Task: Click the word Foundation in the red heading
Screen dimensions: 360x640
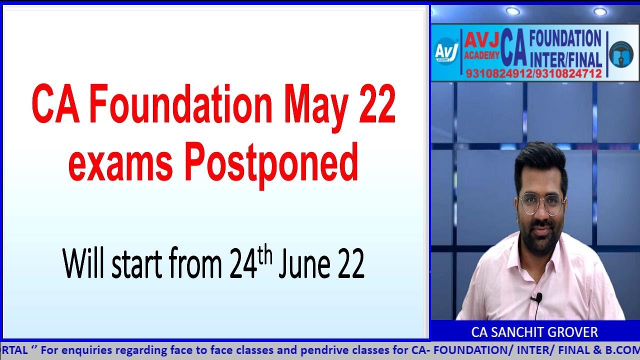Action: [x=177, y=106]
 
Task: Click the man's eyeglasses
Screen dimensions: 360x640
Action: [x=541, y=203]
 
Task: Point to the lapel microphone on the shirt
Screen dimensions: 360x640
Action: [x=536, y=298]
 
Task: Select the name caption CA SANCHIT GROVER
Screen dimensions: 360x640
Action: [x=534, y=332]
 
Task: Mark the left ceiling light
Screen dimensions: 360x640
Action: [x=512, y=11]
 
